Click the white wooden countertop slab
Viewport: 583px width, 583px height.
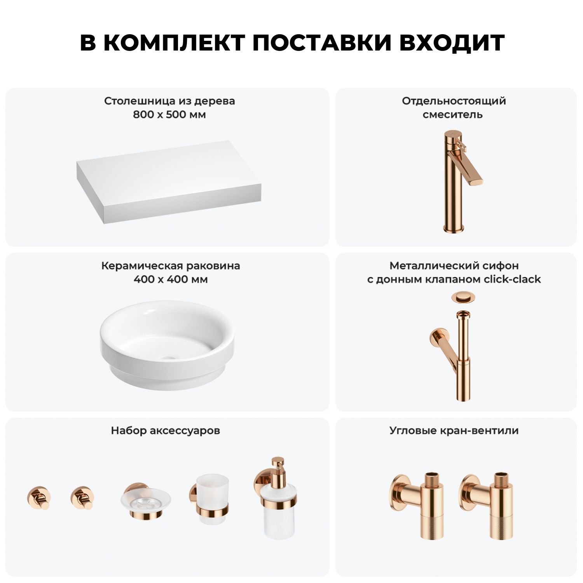tap(169, 182)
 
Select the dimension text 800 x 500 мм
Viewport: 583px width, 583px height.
tap(169, 115)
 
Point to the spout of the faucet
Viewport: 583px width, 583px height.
tap(472, 173)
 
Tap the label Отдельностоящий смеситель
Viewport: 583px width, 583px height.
tap(454, 108)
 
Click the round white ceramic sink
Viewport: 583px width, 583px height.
tap(167, 344)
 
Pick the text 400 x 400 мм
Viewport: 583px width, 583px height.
tap(171, 279)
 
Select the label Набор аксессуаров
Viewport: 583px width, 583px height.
tap(166, 431)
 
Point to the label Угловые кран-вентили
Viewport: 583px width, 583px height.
tap(454, 431)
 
